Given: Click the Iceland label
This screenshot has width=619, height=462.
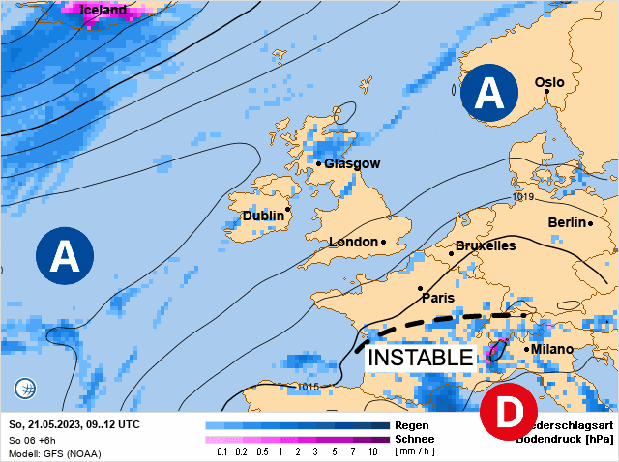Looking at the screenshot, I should [x=103, y=10].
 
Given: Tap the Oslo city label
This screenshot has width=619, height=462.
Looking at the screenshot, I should [x=549, y=82].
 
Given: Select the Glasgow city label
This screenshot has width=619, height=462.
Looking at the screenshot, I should [x=352, y=163].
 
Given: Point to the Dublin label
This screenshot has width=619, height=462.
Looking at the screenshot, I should [x=263, y=216].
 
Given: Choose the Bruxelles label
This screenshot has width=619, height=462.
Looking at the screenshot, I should [x=485, y=246].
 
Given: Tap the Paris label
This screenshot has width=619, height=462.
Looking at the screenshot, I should [x=437, y=298].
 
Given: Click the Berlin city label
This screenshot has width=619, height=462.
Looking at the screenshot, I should [x=567, y=222].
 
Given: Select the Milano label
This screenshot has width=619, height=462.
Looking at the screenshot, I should [x=552, y=348].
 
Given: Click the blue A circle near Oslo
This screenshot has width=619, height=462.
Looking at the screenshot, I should [x=489, y=93].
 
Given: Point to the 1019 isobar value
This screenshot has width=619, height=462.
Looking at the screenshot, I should [x=523, y=197].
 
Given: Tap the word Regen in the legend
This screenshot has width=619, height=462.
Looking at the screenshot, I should [x=412, y=425].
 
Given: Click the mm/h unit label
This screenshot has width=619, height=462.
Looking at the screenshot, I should [x=417, y=451].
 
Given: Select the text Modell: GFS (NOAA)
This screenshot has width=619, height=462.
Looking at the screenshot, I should [x=54, y=452].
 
